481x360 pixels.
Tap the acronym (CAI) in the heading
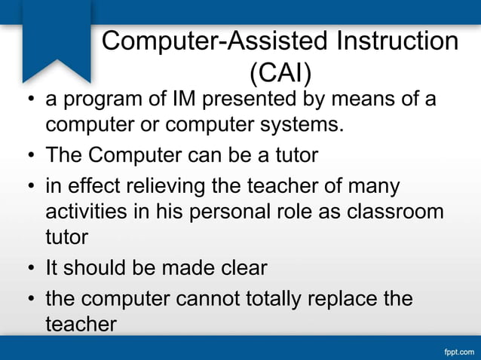click(280, 72)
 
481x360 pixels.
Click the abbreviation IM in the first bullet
click(186, 99)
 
